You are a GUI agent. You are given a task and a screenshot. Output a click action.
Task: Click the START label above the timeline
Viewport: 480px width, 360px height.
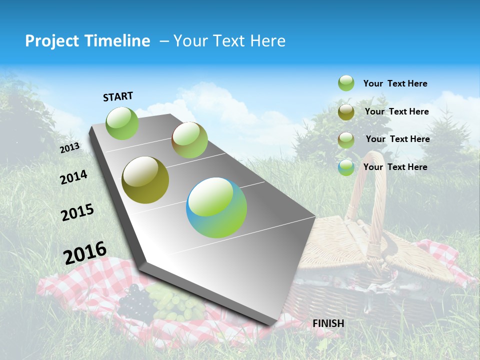pyautogui.click(x=118, y=96)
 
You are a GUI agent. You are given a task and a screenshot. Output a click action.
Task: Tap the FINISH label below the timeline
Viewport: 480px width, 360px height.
pyautogui.click(x=328, y=323)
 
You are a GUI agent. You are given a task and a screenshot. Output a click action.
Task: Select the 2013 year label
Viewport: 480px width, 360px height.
pyautogui.click(x=70, y=148)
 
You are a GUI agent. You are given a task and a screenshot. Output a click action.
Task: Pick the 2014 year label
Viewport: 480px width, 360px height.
pyautogui.click(x=73, y=177)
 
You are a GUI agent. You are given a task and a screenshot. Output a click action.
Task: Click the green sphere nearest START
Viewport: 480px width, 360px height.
pyautogui.click(x=122, y=123)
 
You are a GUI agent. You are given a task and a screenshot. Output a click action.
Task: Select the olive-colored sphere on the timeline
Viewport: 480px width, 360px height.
pyautogui.click(x=145, y=180)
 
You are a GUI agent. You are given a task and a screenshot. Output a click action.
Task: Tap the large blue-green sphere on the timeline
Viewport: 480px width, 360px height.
pyautogui.click(x=216, y=207)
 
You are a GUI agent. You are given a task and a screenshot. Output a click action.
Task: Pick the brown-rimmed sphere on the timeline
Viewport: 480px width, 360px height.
pyautogui.click(x=189, y=140)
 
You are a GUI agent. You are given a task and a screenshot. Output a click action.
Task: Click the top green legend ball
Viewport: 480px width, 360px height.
pyautogui.click(x=346, y=83)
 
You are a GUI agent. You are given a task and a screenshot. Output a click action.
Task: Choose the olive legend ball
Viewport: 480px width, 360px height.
pyautogui.click(x=346, y=112)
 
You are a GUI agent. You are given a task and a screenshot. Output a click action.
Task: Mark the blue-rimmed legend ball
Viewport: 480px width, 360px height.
pyautogui.click(x=346, y=167)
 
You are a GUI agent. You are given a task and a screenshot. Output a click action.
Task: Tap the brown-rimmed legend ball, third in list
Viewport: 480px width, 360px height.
pyautogui.click(x=346, y=140)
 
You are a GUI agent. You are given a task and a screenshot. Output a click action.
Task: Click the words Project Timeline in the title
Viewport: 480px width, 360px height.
pyautogui.click(x=87, y=41)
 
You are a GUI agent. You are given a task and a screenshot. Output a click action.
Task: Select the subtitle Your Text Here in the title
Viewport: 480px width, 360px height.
pyautogui.click(x=229, y=41)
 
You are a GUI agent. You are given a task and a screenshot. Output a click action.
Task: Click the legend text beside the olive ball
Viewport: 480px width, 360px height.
pyautogui.click(x=396, y=111)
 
